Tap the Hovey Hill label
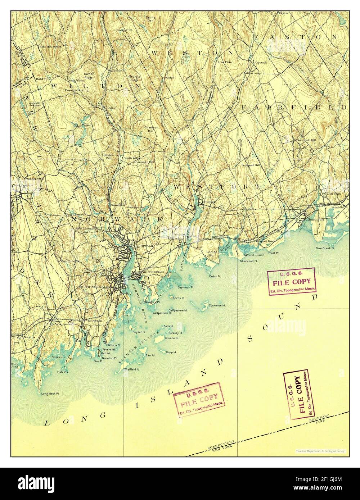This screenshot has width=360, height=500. pos(122,30)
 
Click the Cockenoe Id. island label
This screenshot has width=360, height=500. pos(217,305)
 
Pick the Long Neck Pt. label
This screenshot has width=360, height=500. pos(50,394)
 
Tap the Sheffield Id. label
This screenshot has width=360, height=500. pos(132,369)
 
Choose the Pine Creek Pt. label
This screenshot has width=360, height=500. pos(325,248)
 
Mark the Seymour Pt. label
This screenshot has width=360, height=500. pos(186,288)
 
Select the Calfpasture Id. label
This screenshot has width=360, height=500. pos(178,310)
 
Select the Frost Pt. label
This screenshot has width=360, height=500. pos(273,253)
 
